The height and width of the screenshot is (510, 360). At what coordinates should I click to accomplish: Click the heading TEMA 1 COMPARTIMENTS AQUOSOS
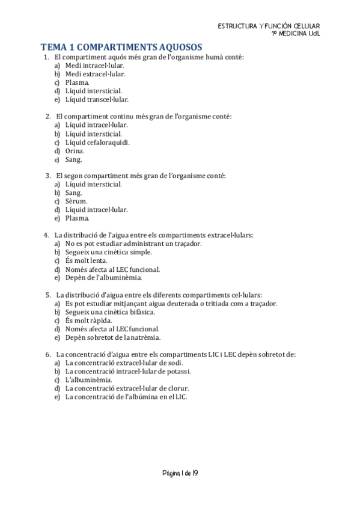pyautogui.click(x=121, y=47)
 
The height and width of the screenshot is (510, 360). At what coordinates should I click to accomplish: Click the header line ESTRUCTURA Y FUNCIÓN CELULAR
pyautogui.click(x=269, y=26)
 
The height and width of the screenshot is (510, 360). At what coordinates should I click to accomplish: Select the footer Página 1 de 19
pyautogui.click(x=180, y=473)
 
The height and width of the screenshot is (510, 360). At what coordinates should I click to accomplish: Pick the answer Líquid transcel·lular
pyautogui.click(x=97, y=99)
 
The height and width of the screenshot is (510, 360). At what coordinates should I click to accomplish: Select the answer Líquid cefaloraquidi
pyautogui.click(x=97, y=143)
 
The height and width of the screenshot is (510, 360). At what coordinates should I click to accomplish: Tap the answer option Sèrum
pyautogui.click(x=76, y=201)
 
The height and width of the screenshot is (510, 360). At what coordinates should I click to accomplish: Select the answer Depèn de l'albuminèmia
pyautogui.click(x=103, y=278)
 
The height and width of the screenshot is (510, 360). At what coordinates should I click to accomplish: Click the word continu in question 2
pyautogui.click(x=120, y=116)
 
